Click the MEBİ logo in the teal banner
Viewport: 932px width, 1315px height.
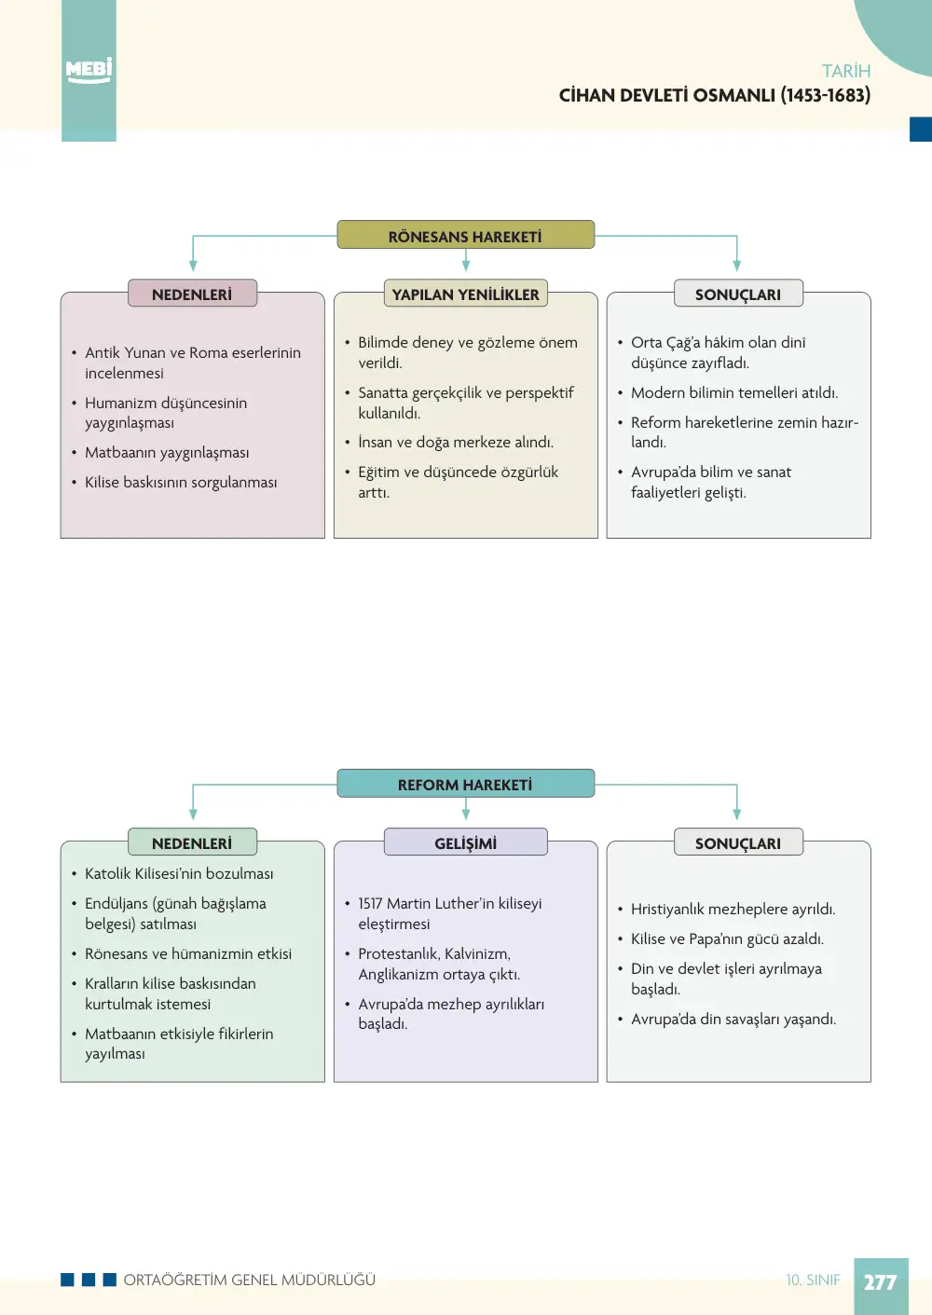89,71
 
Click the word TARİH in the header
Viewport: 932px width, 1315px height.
845,71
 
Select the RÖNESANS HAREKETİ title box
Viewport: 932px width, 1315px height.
465,235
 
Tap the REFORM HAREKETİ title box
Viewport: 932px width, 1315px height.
465,783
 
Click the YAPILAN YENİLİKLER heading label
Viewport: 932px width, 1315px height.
465,294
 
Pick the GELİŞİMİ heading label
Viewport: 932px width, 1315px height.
465,842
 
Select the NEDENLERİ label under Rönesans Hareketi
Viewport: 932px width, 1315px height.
192,294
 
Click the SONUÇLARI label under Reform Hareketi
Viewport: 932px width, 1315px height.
738,842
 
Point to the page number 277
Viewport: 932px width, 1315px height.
881,1282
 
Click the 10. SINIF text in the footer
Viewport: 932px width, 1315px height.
813,1280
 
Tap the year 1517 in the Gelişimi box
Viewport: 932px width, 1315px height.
370,903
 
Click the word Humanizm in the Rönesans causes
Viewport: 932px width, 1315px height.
120,404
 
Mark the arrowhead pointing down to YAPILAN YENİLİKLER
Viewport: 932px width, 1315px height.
465,266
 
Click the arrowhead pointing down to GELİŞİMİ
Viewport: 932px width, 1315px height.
465,815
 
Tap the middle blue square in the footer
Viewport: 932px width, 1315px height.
89,1280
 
